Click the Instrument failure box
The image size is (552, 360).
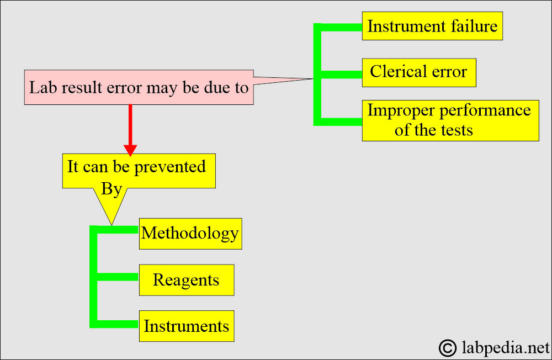point(432,26)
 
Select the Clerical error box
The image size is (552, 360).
point(419,72)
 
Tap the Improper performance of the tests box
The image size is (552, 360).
point(450,120)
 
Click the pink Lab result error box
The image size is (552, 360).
point(139,87)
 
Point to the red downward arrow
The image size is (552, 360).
point(130,130)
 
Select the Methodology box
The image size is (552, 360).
point(190,234)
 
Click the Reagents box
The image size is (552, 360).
point(187,280)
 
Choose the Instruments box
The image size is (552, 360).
point(187,326)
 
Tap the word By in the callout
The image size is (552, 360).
point(112,189)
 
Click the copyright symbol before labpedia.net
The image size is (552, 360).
point(448,348)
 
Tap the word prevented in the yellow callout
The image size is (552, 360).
point(170,167)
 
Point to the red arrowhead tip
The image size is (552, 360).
point(130,156)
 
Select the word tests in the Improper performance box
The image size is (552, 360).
point(457,130)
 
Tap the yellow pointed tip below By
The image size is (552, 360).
point(112,224)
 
